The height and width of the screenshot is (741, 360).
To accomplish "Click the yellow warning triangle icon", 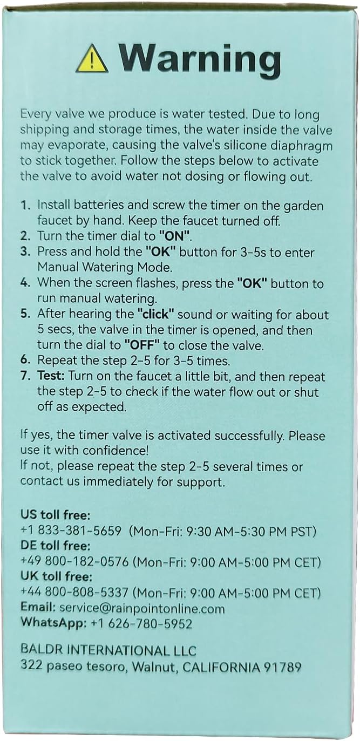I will [92, 59].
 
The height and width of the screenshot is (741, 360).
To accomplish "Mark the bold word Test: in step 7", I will [51, 376].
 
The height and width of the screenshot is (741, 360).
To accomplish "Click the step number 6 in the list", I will [25, 361].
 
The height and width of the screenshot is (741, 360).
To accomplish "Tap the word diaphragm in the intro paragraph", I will [303, 145].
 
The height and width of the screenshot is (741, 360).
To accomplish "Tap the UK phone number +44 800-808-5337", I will [75, 592].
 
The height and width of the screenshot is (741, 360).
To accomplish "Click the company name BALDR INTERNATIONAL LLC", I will [108, 651].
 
